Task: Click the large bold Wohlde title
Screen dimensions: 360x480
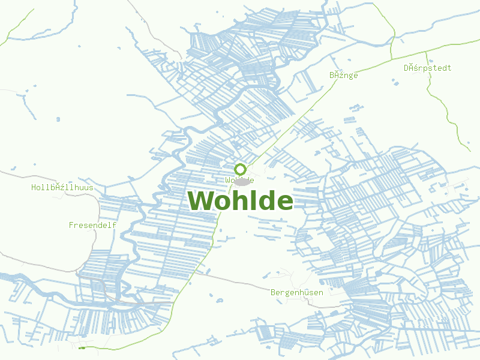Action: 241,201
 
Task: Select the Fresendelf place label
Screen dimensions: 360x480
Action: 92,225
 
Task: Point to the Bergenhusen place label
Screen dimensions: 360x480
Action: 297,292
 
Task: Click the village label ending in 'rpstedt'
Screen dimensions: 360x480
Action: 427,68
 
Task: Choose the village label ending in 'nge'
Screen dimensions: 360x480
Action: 343,75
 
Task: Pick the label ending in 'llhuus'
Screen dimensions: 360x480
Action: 62,187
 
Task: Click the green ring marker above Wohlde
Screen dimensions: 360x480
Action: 240,169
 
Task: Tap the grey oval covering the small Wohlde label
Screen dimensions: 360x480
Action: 242,181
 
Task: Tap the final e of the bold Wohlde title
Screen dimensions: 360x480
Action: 284,203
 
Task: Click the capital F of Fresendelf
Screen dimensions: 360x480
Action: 71,225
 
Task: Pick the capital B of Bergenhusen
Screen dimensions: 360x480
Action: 274,292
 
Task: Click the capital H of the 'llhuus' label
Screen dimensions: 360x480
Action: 34,187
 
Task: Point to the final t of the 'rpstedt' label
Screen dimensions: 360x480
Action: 449,68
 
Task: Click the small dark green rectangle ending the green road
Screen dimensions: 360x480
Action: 82,347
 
